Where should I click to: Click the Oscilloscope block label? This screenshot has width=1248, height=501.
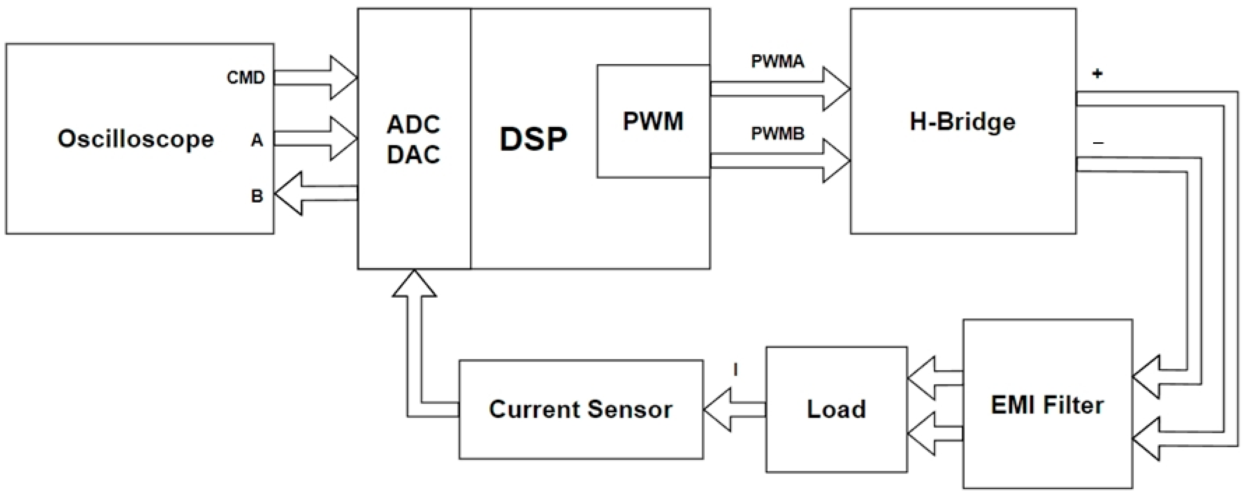tap(136, 139)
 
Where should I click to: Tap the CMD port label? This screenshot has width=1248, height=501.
tap(246, 77)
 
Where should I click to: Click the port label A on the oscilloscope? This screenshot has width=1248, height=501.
tap(256, 140)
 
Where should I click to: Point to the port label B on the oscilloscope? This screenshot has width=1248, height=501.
tap(257, 196)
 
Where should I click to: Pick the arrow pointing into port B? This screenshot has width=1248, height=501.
tap(315, 194)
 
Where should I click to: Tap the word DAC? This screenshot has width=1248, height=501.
tap(413, 155)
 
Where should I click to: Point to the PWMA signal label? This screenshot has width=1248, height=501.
tap(778, 61)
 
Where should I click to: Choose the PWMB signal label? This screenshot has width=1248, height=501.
tap(778, 133)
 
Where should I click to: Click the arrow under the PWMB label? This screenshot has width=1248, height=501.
tap(780, 161)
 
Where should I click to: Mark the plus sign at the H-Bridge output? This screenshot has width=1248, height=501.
tap(1097, 74)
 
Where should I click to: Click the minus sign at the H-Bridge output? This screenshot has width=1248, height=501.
tap(1098, 143)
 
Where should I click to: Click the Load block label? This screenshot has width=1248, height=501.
tap(836, 409)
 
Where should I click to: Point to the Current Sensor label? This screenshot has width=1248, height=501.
tap(580, 409)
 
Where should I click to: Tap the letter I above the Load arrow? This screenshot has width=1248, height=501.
tap(736, 371)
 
